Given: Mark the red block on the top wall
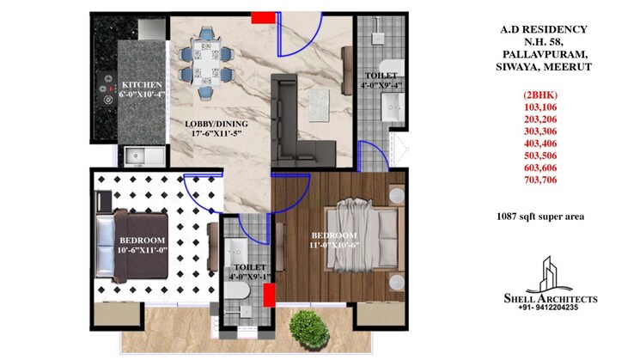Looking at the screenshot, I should (260, 15).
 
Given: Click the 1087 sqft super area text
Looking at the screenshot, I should (540, 217).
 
